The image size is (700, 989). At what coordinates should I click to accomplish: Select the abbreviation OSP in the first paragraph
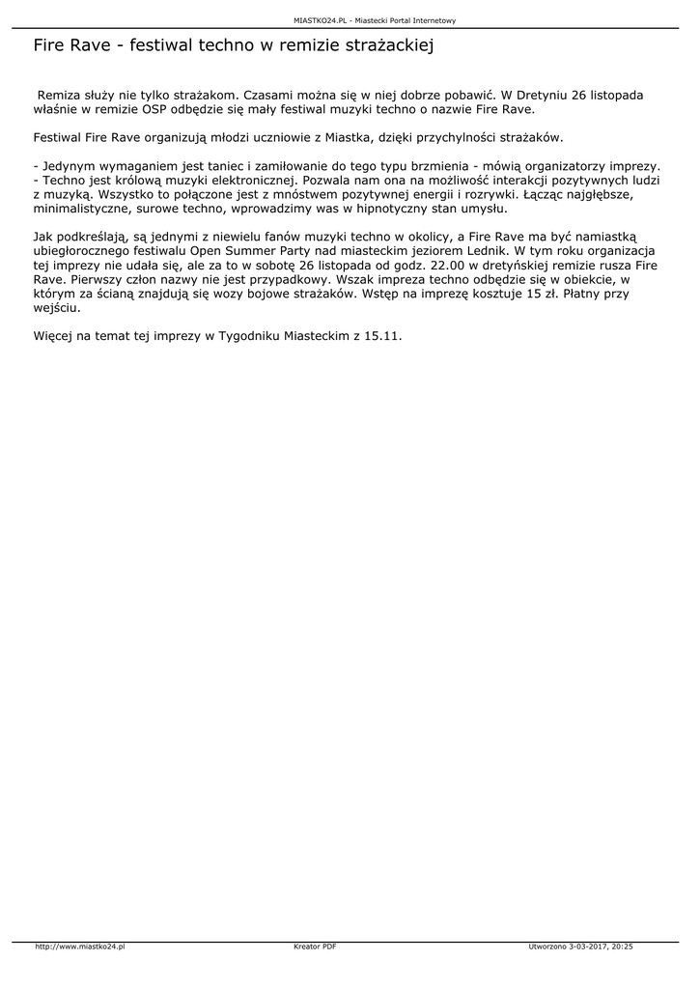tap(143, 110)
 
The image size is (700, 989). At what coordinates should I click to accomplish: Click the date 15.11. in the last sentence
tap(383, 337)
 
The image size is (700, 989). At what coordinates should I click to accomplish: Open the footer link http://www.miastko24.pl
tap(79, 947)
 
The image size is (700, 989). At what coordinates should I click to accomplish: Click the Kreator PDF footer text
tap(315, 947)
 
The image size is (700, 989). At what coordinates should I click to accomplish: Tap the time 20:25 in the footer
tap(622, 947)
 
